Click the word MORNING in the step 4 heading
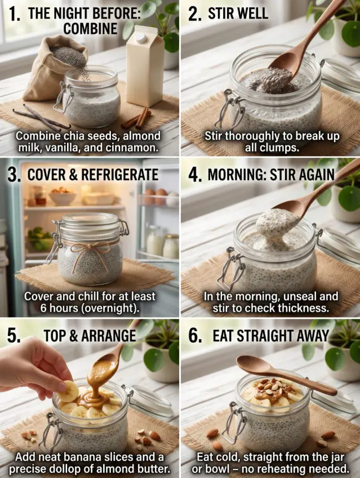(235, 176)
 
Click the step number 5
(13, 336)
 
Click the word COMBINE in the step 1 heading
(90, 29)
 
